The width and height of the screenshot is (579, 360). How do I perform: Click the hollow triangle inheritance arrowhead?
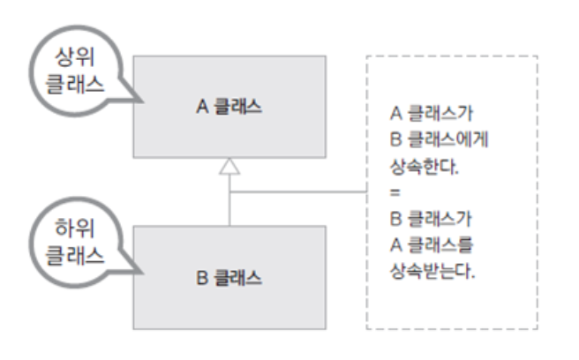coord(229,166)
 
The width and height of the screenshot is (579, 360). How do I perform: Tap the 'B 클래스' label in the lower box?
coord(229,275)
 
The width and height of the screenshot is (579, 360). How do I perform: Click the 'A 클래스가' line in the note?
coord(430,115)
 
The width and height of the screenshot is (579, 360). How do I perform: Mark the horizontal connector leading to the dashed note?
coord(300,191)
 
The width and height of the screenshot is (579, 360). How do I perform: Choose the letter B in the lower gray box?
coord(201,275)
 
